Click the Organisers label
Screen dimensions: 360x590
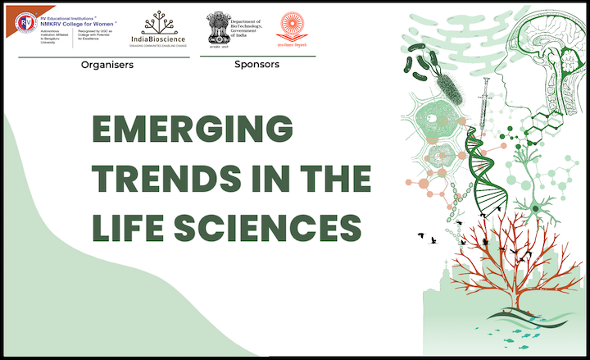pyautogui.click(x=107, y=65)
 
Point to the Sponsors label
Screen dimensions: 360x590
pyautogui.click(x=256, y=64)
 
